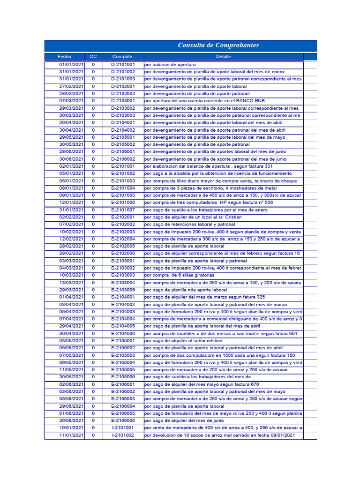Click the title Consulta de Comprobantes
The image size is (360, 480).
click(218, 45)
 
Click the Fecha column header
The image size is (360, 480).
click(65, 57)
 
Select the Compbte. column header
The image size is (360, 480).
click(123, 57)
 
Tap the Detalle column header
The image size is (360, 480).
click(224, 57)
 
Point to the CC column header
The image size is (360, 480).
click(93, 57)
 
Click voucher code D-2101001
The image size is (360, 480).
click(123, 65)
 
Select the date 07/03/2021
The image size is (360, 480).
click(71, 101)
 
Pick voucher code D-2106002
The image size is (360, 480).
click(123, 159)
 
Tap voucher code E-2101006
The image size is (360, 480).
click(123, 202)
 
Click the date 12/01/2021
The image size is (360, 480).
click(71, 202)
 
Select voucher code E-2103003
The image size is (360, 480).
click(123, 275)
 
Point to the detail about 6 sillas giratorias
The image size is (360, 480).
click(180, 275)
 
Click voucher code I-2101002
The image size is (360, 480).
click(123, 435)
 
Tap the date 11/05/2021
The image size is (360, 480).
click(71, 370)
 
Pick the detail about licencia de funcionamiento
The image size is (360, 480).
click(218, 173)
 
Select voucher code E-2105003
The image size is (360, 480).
click(123, 355)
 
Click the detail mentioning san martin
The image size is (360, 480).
click(221, 333)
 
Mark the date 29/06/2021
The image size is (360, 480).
click(71, 406)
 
